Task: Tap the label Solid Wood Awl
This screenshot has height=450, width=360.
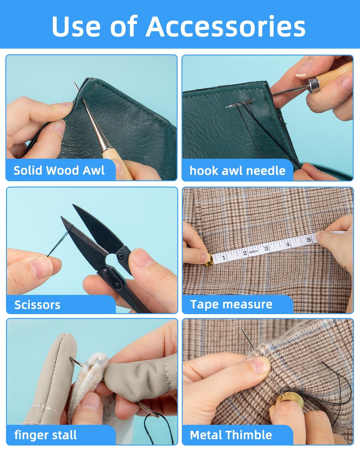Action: click(59, 170)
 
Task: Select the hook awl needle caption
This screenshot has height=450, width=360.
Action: click(237, 171)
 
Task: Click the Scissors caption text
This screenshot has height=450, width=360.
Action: click(37, 305)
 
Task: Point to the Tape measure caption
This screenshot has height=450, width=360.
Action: click(231, 304)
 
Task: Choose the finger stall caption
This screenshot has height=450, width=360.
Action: click(46, 435)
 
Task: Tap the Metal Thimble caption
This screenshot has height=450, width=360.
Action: click(231, 435)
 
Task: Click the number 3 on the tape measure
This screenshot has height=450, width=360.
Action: click(266, 248)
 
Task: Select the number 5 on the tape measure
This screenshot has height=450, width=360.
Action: click(309, 240)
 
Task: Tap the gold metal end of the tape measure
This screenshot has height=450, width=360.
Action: click(209, 260)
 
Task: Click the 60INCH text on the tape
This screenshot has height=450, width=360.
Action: click(253, 252)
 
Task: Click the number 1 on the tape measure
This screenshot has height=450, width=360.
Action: click(224, 257)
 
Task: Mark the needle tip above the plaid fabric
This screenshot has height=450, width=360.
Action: click(241, 328)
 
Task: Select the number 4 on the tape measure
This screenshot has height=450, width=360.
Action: click(288, 244)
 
